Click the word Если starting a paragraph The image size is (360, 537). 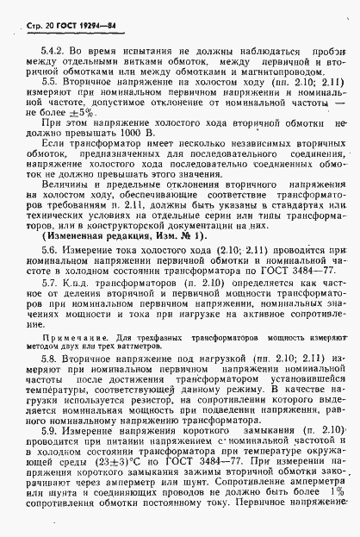click(53, 147)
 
